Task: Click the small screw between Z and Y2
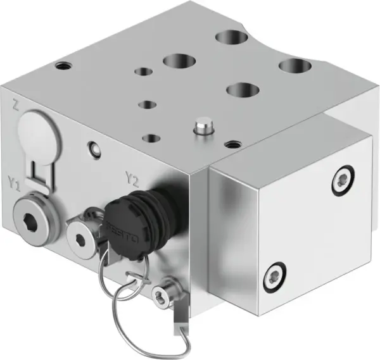[93, 149]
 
